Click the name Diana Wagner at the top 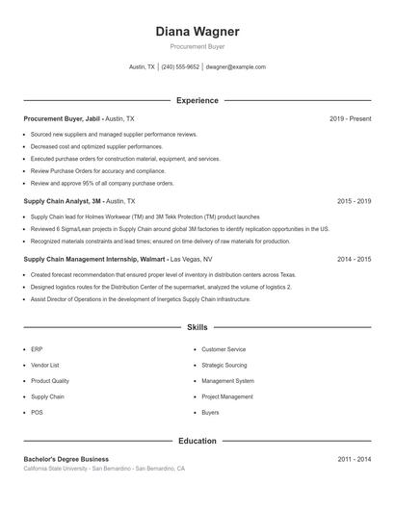tap(197, 32)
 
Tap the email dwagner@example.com tap(236, 67)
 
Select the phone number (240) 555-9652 tap(180, 67)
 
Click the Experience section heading tap(197, 100)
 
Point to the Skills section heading tap(197, 328)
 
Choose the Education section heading tap(197, 441)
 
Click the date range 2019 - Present tap(350, 118)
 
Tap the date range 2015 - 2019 tap(354, 201)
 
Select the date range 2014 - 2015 tap(354, 259)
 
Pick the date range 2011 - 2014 tap(354, 460)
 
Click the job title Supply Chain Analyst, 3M tap(63, 201)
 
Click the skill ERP tap(37, 349)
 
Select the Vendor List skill tap(45, 366)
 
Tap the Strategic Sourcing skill tap(224, 366)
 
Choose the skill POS tap(37, 412)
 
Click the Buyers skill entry tap(210, 412)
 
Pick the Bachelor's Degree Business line tap(66, 460)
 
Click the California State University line tap(104, 469)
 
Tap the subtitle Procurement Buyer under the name tap(197, 46)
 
